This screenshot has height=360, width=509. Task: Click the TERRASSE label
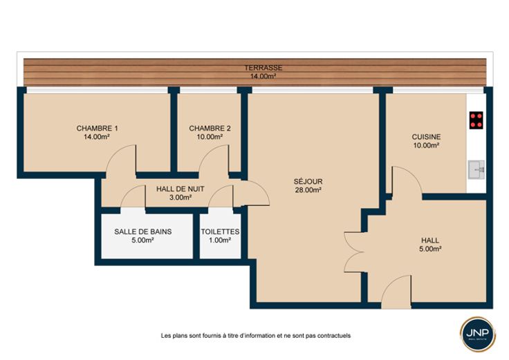263,68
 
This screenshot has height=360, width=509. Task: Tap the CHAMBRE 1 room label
97,128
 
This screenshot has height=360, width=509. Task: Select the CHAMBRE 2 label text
210,128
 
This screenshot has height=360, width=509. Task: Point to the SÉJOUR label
308,181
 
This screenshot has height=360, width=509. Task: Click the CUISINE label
426,137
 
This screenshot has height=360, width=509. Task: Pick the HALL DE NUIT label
181,189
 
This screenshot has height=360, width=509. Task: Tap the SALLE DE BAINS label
143,231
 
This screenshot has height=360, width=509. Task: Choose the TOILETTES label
220,231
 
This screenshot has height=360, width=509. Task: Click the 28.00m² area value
308,190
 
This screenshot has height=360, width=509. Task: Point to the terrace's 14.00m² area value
263,77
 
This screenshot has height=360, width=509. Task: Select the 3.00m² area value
181,197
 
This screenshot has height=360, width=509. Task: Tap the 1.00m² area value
220,240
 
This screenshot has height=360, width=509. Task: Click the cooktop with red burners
476,120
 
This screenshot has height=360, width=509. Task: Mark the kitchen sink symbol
476,169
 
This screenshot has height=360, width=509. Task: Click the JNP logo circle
477,334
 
